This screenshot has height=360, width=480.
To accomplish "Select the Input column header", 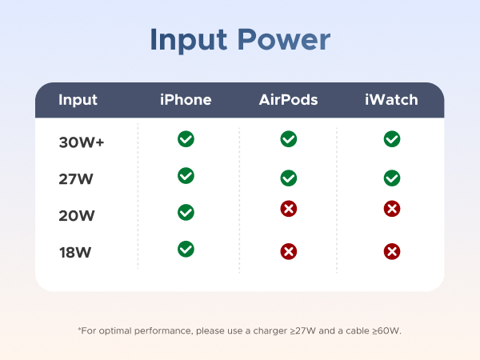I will [78, 100].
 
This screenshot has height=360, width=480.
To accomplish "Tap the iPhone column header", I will [186, 100].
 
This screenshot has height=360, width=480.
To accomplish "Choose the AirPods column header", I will [288, 100].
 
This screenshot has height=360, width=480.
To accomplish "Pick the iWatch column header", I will [391, 100].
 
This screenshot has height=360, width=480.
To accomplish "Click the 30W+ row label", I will [80, 143].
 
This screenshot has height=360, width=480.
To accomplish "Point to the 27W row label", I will [76, 179].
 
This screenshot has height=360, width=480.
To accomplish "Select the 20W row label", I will [76, 215].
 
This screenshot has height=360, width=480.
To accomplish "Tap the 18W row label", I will [74, 253].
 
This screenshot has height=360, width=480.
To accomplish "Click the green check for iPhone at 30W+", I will [186, 139].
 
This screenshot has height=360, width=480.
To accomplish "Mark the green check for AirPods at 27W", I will [289, 178].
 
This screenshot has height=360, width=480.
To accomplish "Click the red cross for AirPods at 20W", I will [289, 209].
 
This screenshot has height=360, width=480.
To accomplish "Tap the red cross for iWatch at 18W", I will [392, 252].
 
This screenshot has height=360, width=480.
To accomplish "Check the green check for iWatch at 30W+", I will [392, 139].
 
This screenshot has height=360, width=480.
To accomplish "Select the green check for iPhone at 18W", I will [186, 249].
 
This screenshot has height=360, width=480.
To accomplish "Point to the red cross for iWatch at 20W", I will [392, 209].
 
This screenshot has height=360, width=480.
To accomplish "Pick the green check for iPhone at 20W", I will [186, 212].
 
